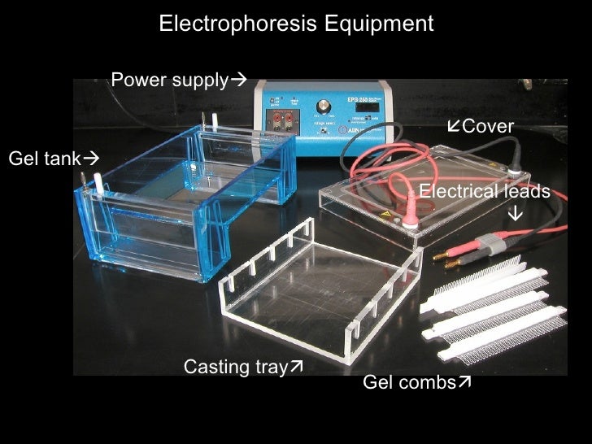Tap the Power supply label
click(x=169, y=80)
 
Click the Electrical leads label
click(x=484, y=191)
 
